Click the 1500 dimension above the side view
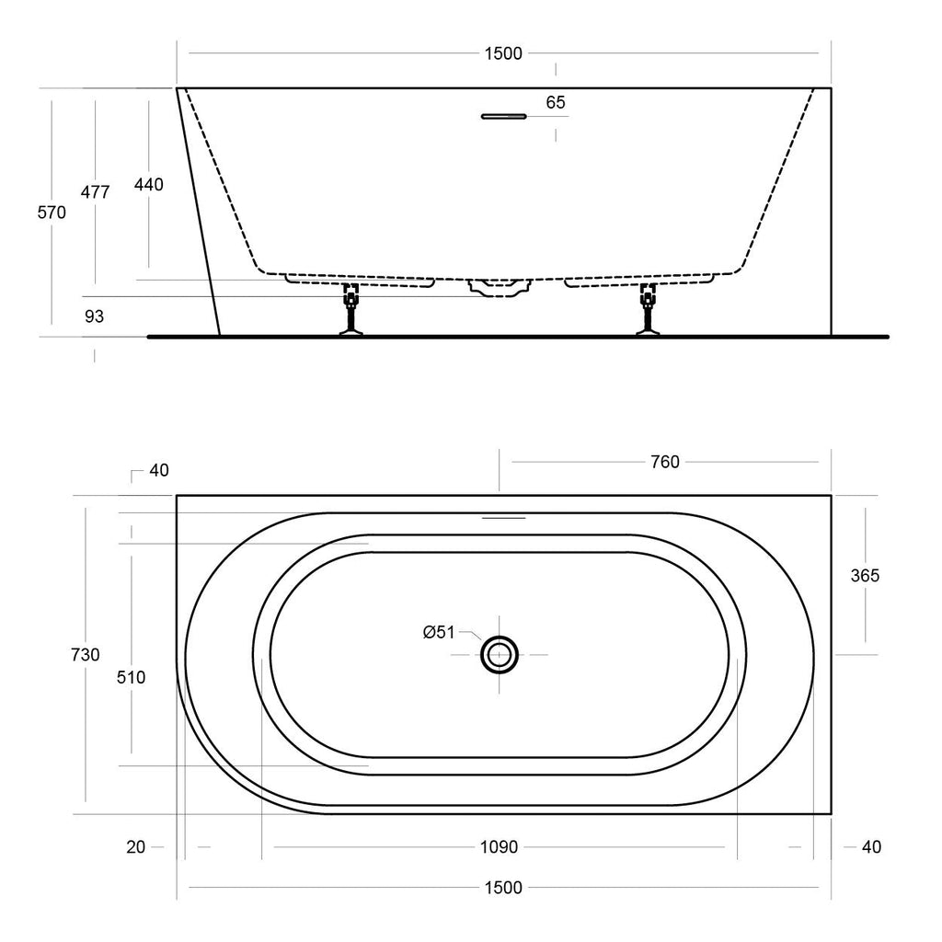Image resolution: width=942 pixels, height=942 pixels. pyautogui.click(x=503, y=53)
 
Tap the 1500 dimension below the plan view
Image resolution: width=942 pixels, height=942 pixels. pyautogui.click(x=503, y=888)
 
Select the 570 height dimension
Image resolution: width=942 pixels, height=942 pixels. pyautogui.click(x=52, y=213)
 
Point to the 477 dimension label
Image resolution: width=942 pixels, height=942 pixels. pyautogui.click(x=95, y=191)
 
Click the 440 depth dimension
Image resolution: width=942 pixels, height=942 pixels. pyautogui.click(x=148, y=184)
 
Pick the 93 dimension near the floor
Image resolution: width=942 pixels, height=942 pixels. pyautogui.click(x=95, y=316)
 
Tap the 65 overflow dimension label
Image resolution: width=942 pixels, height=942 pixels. pyautogui.click(x=556, y=102)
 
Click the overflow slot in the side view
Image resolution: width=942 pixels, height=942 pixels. pyautogui.click(x=503, y=117)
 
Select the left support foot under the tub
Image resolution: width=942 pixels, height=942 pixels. pyautogui.click(x=350, y=309)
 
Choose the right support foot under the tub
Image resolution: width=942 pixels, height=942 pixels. pyautogui.click(x=648, y=309)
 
